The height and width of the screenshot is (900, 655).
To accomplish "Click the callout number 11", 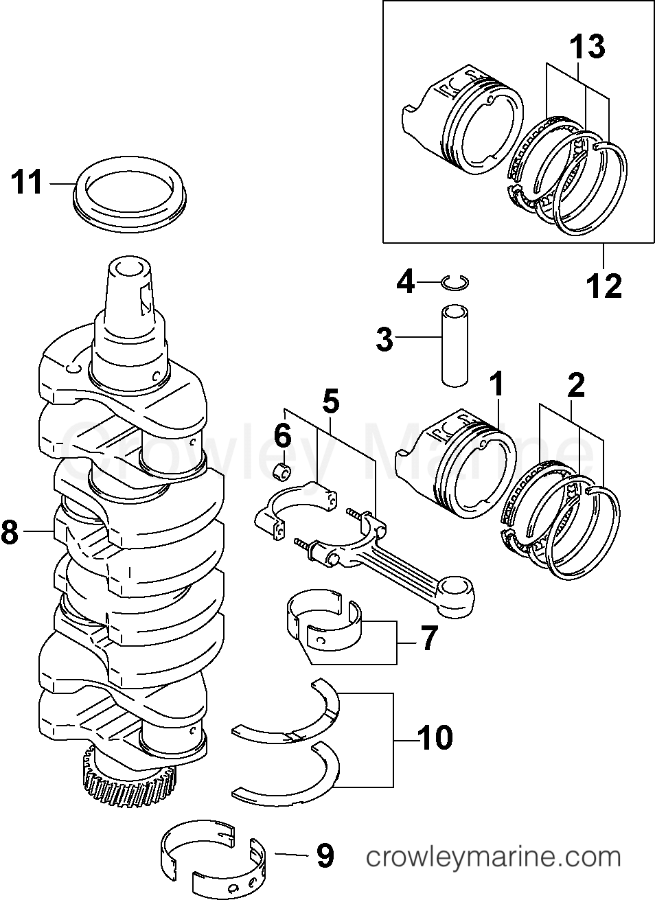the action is (x=27, y=183).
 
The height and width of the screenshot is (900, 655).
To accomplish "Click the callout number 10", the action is (x=435, y=737).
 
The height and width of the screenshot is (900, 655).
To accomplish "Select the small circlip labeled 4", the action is (x=455, y=282).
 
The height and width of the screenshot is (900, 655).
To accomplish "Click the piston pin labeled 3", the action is (x=456, y=346).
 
